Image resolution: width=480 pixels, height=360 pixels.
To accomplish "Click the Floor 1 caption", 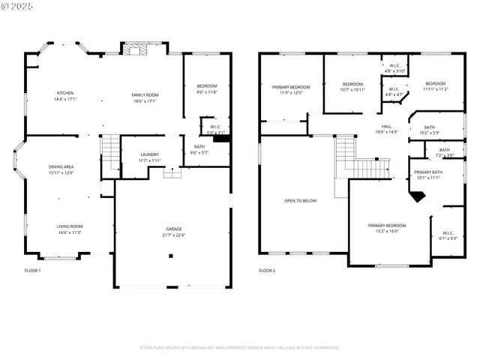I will (33, 270).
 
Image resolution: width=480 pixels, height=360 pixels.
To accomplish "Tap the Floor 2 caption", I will (267, 270).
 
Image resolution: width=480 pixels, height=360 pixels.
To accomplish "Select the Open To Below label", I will (300, 200).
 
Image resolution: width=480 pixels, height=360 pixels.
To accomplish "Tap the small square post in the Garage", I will (171, 256).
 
